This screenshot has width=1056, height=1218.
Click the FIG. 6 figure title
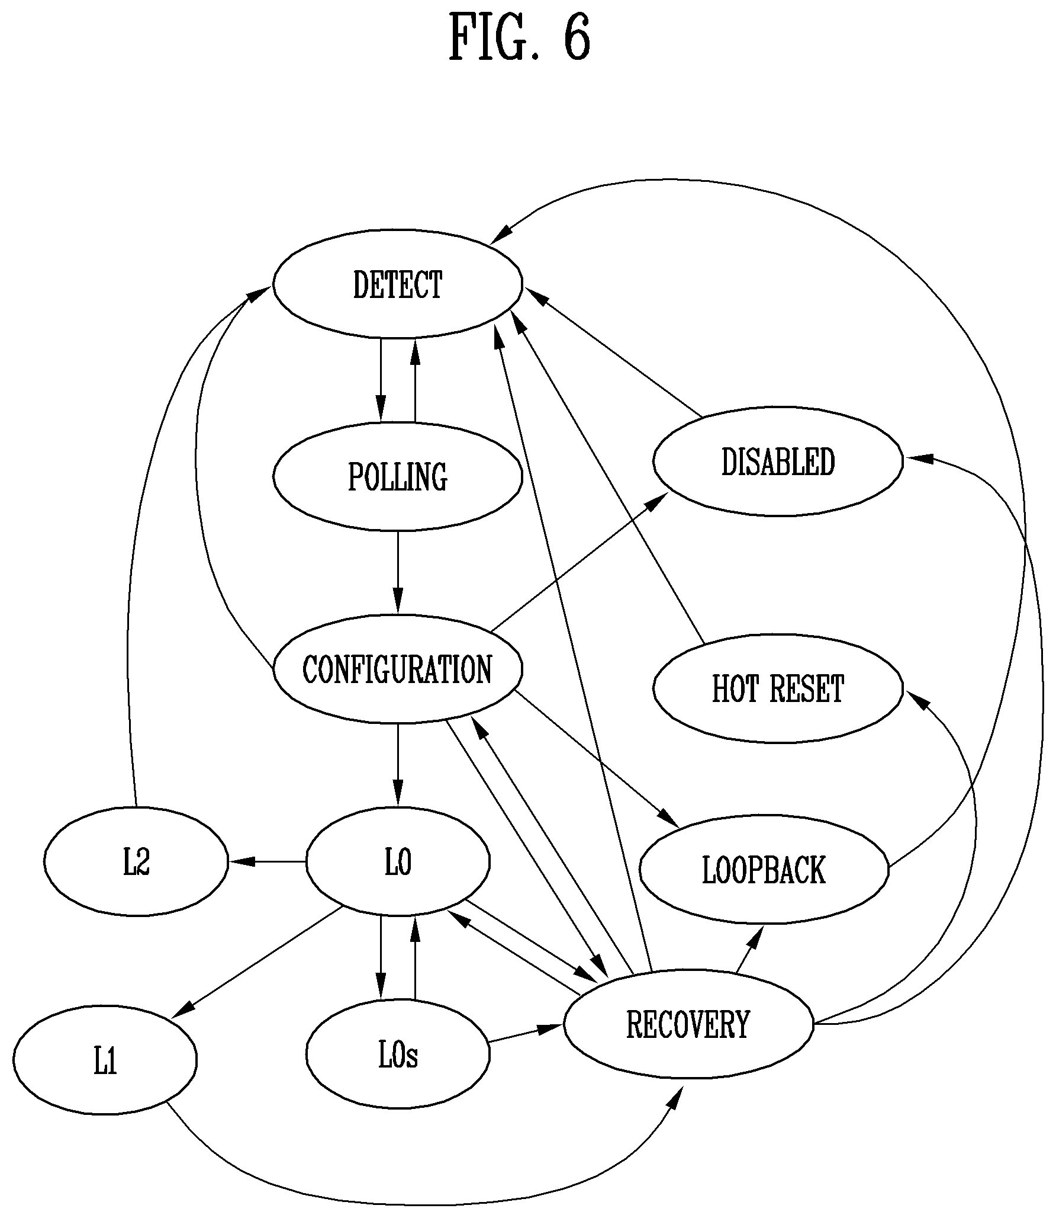click(520, 37)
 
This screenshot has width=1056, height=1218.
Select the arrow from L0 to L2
click(267, 861)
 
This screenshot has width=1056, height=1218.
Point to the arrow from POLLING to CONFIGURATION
click(398, 573)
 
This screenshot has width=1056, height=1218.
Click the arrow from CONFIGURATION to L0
click(398, 765)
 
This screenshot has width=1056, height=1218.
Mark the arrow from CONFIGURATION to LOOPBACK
click(598, 758)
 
